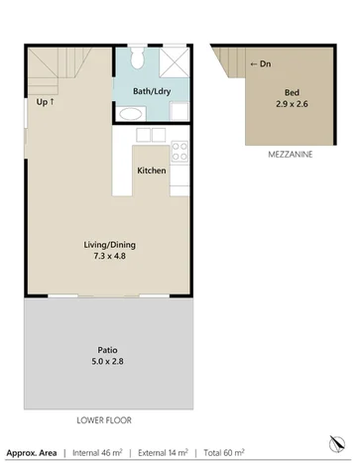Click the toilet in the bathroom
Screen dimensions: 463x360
click(x=139, y=59)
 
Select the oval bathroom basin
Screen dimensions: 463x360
click(x=128, y=114)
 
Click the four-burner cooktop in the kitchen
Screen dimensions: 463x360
click(x=180, y=152)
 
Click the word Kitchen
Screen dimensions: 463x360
click(x=151, y=171)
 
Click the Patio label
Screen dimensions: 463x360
click(x=107, y=348)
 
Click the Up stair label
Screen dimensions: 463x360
click(x=46, y=101)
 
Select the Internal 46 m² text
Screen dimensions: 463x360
click(x=104, y=452)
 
